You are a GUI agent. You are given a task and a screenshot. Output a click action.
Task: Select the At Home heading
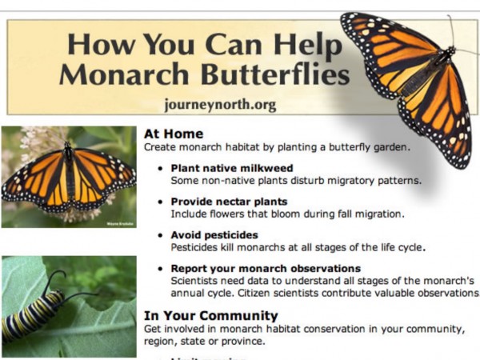[173, 134]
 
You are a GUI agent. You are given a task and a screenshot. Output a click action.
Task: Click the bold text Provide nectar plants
[229, 202]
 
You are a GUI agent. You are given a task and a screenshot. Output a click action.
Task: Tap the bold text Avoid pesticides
[214, 235]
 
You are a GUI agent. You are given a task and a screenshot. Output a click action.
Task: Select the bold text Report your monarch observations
[266, 268]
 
